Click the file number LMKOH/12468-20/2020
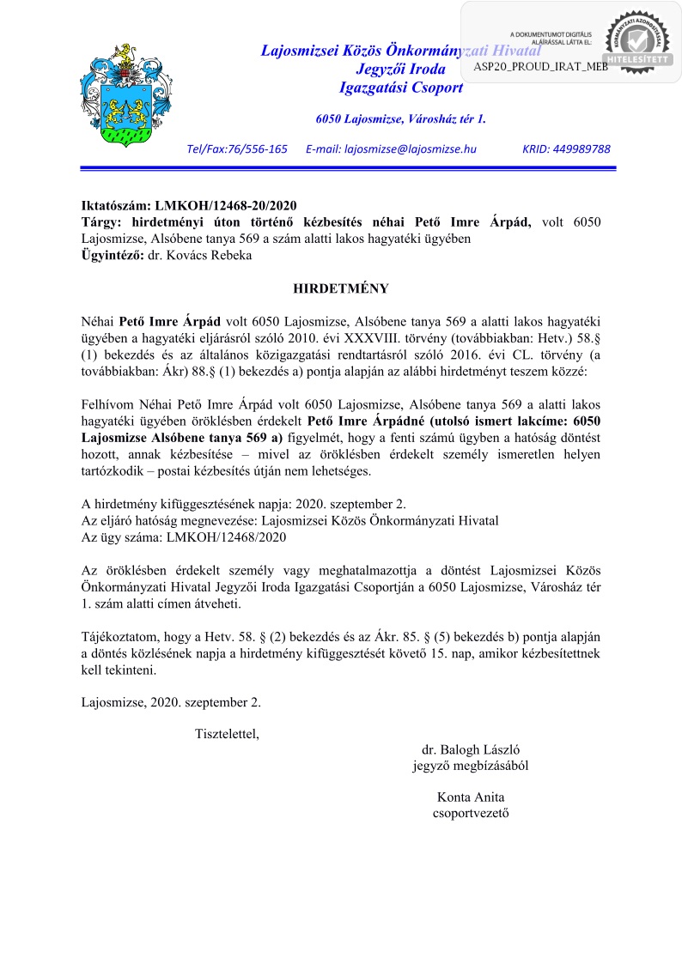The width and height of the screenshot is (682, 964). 225,206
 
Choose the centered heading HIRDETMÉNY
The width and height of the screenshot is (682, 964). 341,289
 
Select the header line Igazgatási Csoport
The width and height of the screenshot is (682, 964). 401,88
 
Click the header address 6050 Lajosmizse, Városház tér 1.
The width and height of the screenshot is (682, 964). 400,118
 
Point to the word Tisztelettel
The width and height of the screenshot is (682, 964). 227,733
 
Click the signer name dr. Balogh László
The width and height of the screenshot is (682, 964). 471,749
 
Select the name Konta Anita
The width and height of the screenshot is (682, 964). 471,796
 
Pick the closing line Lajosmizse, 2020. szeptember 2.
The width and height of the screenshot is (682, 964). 171,701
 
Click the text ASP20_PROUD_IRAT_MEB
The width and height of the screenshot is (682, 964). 540,67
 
